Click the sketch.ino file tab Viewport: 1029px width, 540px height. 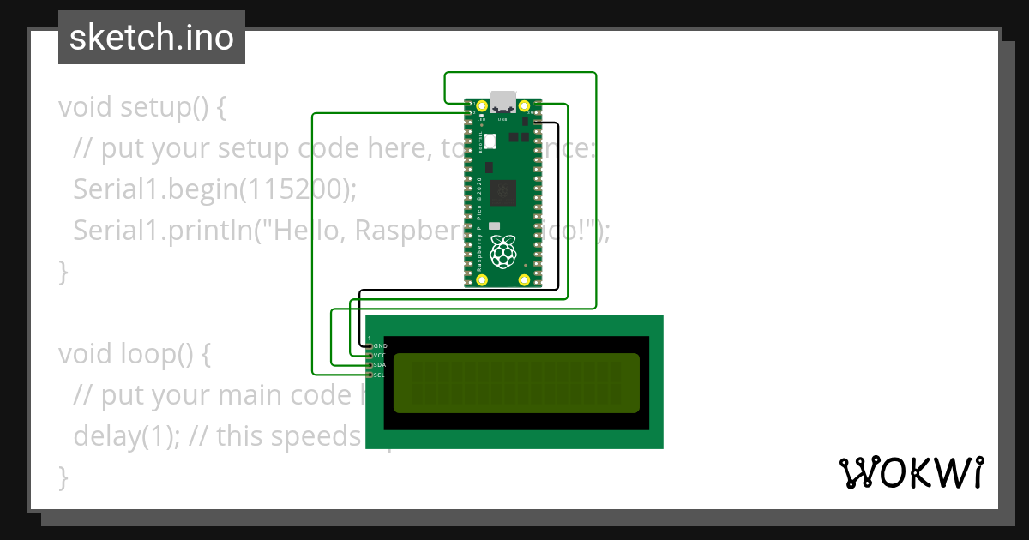click(x=152, y=38)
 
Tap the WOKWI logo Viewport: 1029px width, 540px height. click(x=911, y=473)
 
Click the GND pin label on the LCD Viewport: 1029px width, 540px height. click(x=381, y=345)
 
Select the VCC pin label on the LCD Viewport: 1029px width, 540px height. click(x=380, y=355)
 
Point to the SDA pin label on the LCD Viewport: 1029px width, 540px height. click(x=380, y=365)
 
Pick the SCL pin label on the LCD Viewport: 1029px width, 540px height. click(x=380, y=375)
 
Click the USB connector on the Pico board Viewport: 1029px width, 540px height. click(x=502, y=100)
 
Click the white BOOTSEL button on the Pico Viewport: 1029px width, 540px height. click(x=490, y=141)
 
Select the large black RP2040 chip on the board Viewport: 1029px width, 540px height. click(x=506, y=192)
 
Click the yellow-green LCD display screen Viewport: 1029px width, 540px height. click(x=516, y=382)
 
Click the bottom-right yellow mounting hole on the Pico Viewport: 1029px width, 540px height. click(x=525, y=280)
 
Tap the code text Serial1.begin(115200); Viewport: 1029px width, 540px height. click(x=214, y=189)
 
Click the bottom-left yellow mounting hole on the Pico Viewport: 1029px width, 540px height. click(x=482, y=280)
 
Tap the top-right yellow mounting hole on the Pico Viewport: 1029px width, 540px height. click(x=525, y=105)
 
